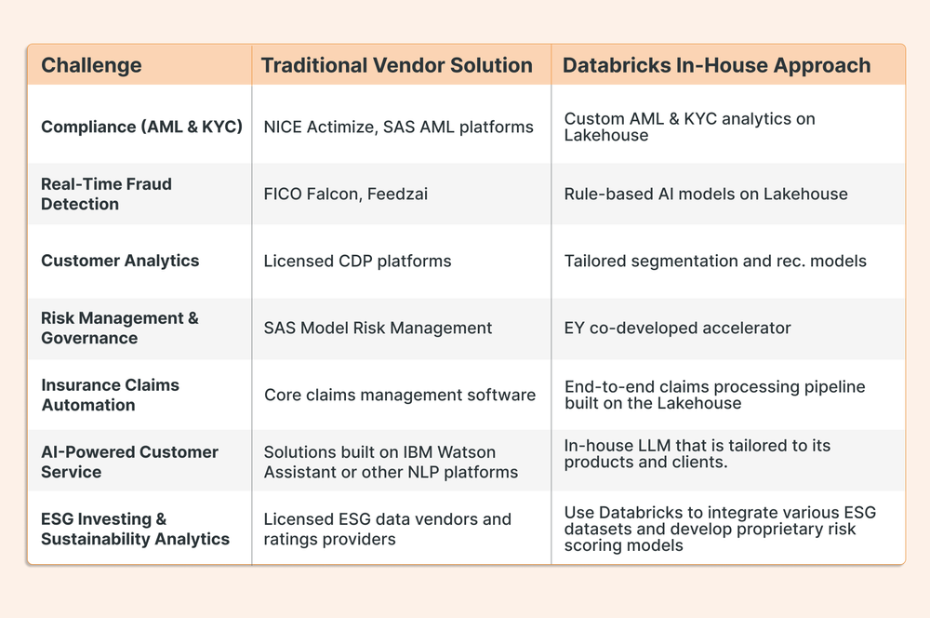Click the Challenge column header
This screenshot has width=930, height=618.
click(91, 65)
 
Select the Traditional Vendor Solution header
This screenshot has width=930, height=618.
click(397, 65)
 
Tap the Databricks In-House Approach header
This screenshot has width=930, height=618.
click(717, 65)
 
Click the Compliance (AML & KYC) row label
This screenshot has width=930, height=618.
click(141, 127)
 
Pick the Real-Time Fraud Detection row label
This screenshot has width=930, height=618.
click(106, 194)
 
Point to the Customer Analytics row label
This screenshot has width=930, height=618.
click(120, 261)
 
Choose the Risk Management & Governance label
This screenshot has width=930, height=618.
click(119, 328)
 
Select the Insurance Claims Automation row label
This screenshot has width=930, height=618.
click(110, 395)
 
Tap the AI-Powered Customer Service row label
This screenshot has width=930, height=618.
click(129, 462)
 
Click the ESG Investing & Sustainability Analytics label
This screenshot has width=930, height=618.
click(135, 529)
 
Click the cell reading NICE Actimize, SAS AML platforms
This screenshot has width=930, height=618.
click(399, 127)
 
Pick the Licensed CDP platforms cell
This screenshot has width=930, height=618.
click(358, 262)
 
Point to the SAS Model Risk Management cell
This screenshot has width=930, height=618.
click(379, 328)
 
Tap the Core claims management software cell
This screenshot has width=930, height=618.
click(400, 395)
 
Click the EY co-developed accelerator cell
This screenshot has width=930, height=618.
click(678, 328)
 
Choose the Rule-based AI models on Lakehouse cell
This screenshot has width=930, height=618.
click(706, 194)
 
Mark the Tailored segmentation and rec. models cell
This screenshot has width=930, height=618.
click(715, 262)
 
